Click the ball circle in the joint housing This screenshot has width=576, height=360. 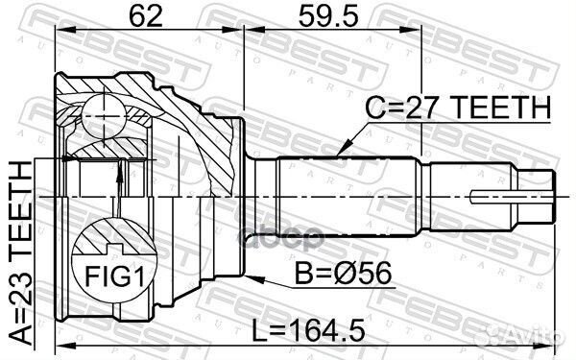[100, 113]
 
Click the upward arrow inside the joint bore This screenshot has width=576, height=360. [119, 171]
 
